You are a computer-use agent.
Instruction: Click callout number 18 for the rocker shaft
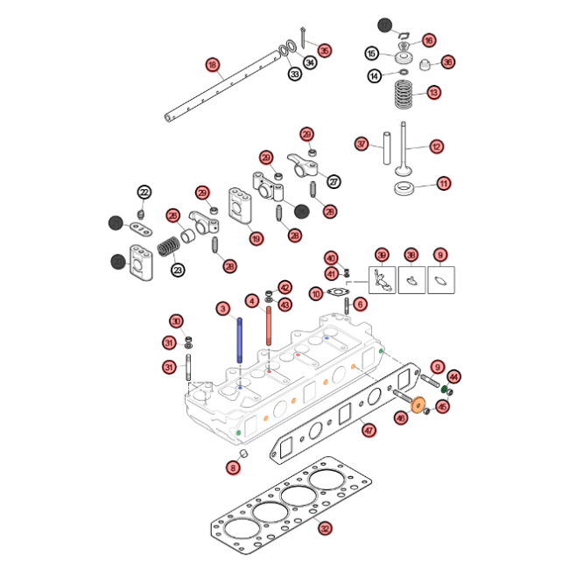[x=213, y=64]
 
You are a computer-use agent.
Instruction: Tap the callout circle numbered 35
[x=325, y=51]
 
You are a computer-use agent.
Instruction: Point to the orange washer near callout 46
[x=418, y=404]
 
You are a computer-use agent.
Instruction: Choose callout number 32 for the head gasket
[x=325, y=528]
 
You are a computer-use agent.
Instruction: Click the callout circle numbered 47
[x=369, y=430]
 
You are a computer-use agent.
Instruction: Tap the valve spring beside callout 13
[x=404, y=94]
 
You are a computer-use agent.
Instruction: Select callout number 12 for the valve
[x=436, y=146]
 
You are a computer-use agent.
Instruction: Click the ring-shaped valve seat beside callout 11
[x=404, y=189]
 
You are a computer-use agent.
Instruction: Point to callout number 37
[x=362, y=144]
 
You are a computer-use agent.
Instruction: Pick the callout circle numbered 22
[x=144, y=193]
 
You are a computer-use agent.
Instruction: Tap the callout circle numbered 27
[x=334, y=181]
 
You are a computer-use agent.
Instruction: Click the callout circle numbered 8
[x=233, y=468]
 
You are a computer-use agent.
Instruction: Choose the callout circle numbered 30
[x=176, y=321]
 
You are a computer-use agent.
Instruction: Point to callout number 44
[x=454, y=376]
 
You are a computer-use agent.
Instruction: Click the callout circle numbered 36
[x=447, y=62]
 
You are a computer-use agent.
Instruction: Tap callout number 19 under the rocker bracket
[x=256, y=238]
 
